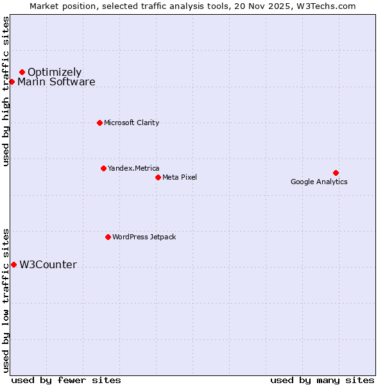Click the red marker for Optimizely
pos(22,72)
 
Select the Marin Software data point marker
pos(12,81)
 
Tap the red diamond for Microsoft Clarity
pos(99,123)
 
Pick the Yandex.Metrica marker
pos(103,168)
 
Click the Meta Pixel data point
pos(158,177)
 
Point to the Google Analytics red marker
pos(336,173)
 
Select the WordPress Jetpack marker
pos(108,237)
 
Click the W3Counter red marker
pos(13,264)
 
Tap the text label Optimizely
pos(55,72)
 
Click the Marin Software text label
pos(56,81)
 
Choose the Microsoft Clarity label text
pos(132,123)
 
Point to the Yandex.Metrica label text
pos(133,168)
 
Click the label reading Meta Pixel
pos(180,177)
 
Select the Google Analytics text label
pos(319,182)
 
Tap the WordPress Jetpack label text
pos(144,237)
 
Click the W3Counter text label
pos(48,264)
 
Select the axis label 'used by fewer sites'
pos(66,380)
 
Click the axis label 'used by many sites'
pos(322,380)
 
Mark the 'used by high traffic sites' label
pos(6,91)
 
